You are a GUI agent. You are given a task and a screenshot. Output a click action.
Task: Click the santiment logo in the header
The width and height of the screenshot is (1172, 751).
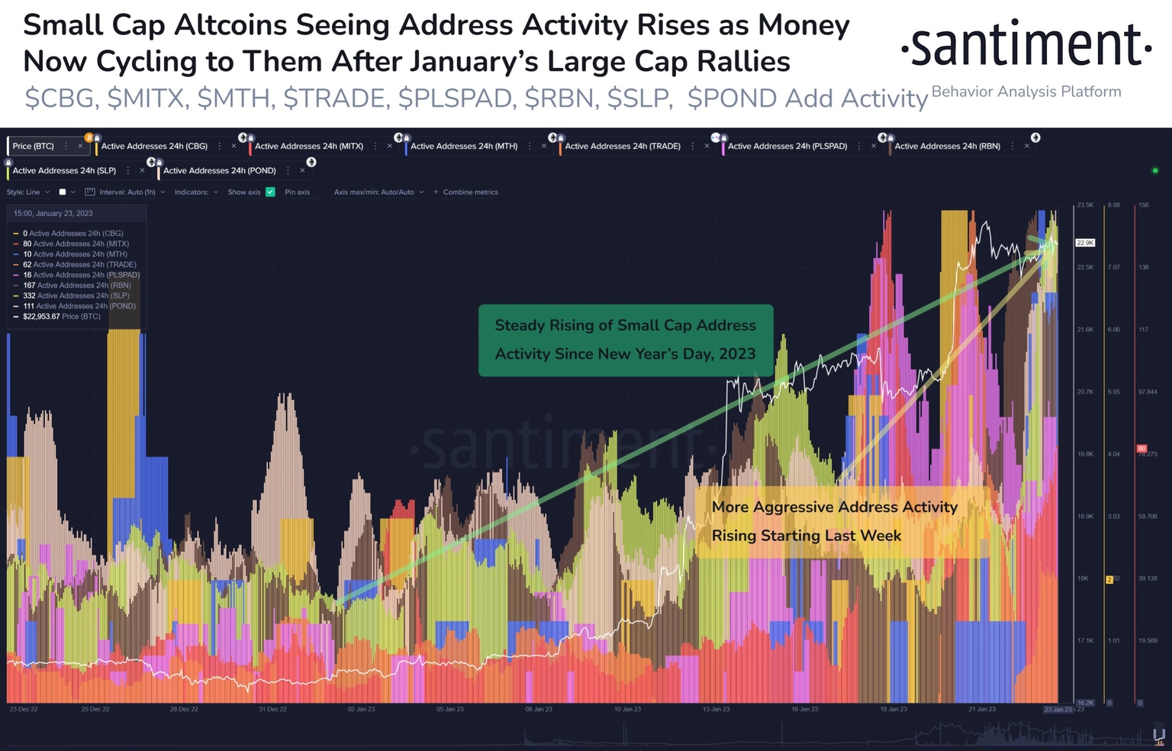point(1025,46)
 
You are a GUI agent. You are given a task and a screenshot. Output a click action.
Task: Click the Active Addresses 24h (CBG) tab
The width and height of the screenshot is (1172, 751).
point(154,146)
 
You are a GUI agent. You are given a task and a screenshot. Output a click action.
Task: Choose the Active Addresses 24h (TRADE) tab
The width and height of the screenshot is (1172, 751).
point(622,146)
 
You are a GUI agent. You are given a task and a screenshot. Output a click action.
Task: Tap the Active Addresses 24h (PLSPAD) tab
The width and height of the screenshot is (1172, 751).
point(787,146)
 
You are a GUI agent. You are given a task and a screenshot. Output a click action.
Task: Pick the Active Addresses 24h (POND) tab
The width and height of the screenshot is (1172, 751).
point(219,170)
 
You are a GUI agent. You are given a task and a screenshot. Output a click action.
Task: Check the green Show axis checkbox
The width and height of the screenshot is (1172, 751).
point(270,192)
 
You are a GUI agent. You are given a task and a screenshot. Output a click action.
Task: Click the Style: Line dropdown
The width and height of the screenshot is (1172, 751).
point(27,192)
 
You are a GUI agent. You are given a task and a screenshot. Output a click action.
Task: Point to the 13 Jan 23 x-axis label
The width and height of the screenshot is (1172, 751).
point(716,709)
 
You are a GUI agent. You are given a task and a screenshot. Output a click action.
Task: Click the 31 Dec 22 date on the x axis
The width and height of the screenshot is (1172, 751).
point(272,709)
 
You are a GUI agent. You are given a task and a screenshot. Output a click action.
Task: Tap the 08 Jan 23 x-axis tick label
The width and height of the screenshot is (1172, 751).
point(538,709)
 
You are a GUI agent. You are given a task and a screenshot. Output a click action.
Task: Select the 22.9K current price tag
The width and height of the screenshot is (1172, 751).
point(1085,243)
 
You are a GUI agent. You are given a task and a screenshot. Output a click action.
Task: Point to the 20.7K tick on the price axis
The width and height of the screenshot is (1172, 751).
point(1085,392)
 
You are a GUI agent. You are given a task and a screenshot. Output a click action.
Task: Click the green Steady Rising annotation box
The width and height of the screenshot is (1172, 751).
point(625,340)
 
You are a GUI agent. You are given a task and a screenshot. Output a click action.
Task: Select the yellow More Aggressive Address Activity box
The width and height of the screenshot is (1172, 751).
point(834,521)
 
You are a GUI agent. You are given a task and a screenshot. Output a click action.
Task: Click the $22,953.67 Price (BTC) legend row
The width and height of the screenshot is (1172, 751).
point(61,316)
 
